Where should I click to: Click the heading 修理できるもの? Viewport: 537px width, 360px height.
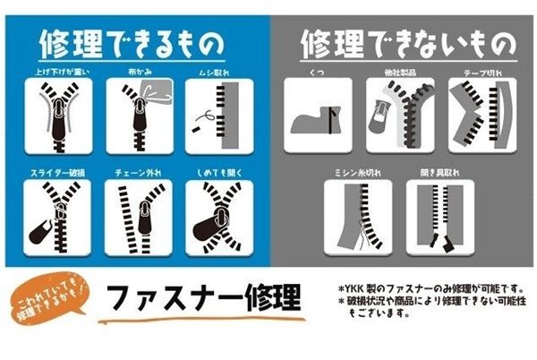point(132,43)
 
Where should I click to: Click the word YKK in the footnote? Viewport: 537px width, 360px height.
point(357,287)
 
